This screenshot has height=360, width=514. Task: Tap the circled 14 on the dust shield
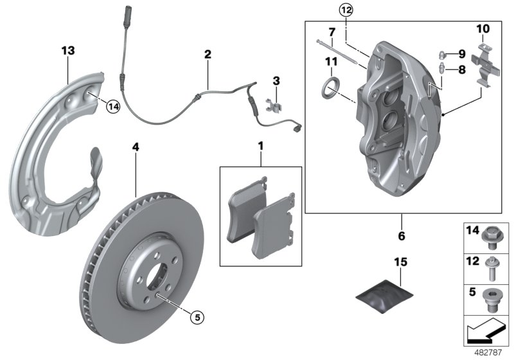113,107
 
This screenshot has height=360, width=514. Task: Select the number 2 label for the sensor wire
208,55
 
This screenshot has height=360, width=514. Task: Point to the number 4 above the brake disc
135,147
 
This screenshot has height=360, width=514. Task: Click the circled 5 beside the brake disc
198,316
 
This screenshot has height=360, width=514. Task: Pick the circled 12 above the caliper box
346,10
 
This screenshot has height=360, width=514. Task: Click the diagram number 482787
490,352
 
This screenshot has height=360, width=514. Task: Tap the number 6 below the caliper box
402,236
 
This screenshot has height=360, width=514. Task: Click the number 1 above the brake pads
261,147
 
